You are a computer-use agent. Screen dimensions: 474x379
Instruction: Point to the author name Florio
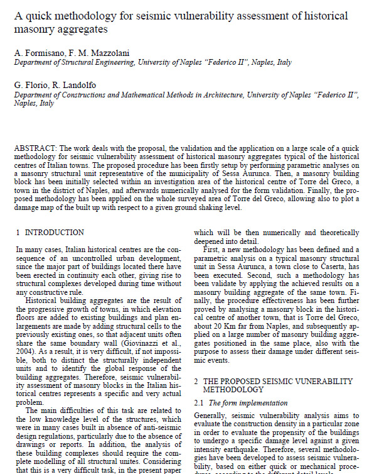37,85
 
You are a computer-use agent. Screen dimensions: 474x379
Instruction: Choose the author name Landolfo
80,85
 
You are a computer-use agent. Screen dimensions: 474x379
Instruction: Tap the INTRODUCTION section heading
54,233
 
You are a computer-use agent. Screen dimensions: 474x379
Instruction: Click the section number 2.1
200,402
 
